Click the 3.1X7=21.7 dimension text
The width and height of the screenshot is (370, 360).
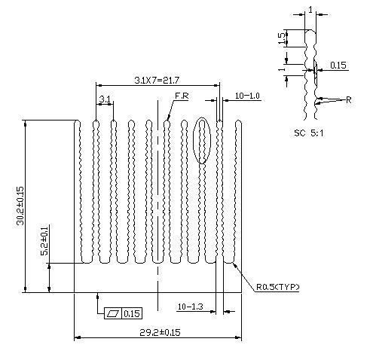click(x=157, y=80)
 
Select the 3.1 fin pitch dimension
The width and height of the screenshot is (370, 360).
click(x=105, y=99)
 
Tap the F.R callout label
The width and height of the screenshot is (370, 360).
click(x=182, y=96)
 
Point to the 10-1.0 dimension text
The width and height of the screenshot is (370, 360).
click(x=247, y=96)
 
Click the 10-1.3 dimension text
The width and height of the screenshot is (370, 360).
click(x=190, y=307)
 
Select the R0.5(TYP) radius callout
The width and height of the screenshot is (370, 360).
click(x=277, y=287)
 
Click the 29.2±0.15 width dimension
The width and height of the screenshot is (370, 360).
click(x=160, y=332)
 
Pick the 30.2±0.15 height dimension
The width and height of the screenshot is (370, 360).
click(x=20, y=206)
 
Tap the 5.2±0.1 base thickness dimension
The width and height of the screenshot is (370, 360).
click(x=44, y=241)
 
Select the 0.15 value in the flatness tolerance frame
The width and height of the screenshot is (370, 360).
click(x=132, y=313)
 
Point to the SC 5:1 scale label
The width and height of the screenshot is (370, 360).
click(x=309, y=133)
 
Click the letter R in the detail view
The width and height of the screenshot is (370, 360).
click(x=348, y=100)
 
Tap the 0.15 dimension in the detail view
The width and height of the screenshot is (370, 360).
click(x=338, y=66)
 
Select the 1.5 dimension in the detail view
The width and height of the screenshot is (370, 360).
click(x=283, y=38)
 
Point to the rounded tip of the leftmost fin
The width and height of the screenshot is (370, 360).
click(x=78, y=123)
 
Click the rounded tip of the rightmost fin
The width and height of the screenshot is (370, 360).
click(x=239, y=123)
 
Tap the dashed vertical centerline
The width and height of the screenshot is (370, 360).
click(x=157, y=206)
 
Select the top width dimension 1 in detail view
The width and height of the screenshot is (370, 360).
click(x=310, y=10)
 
